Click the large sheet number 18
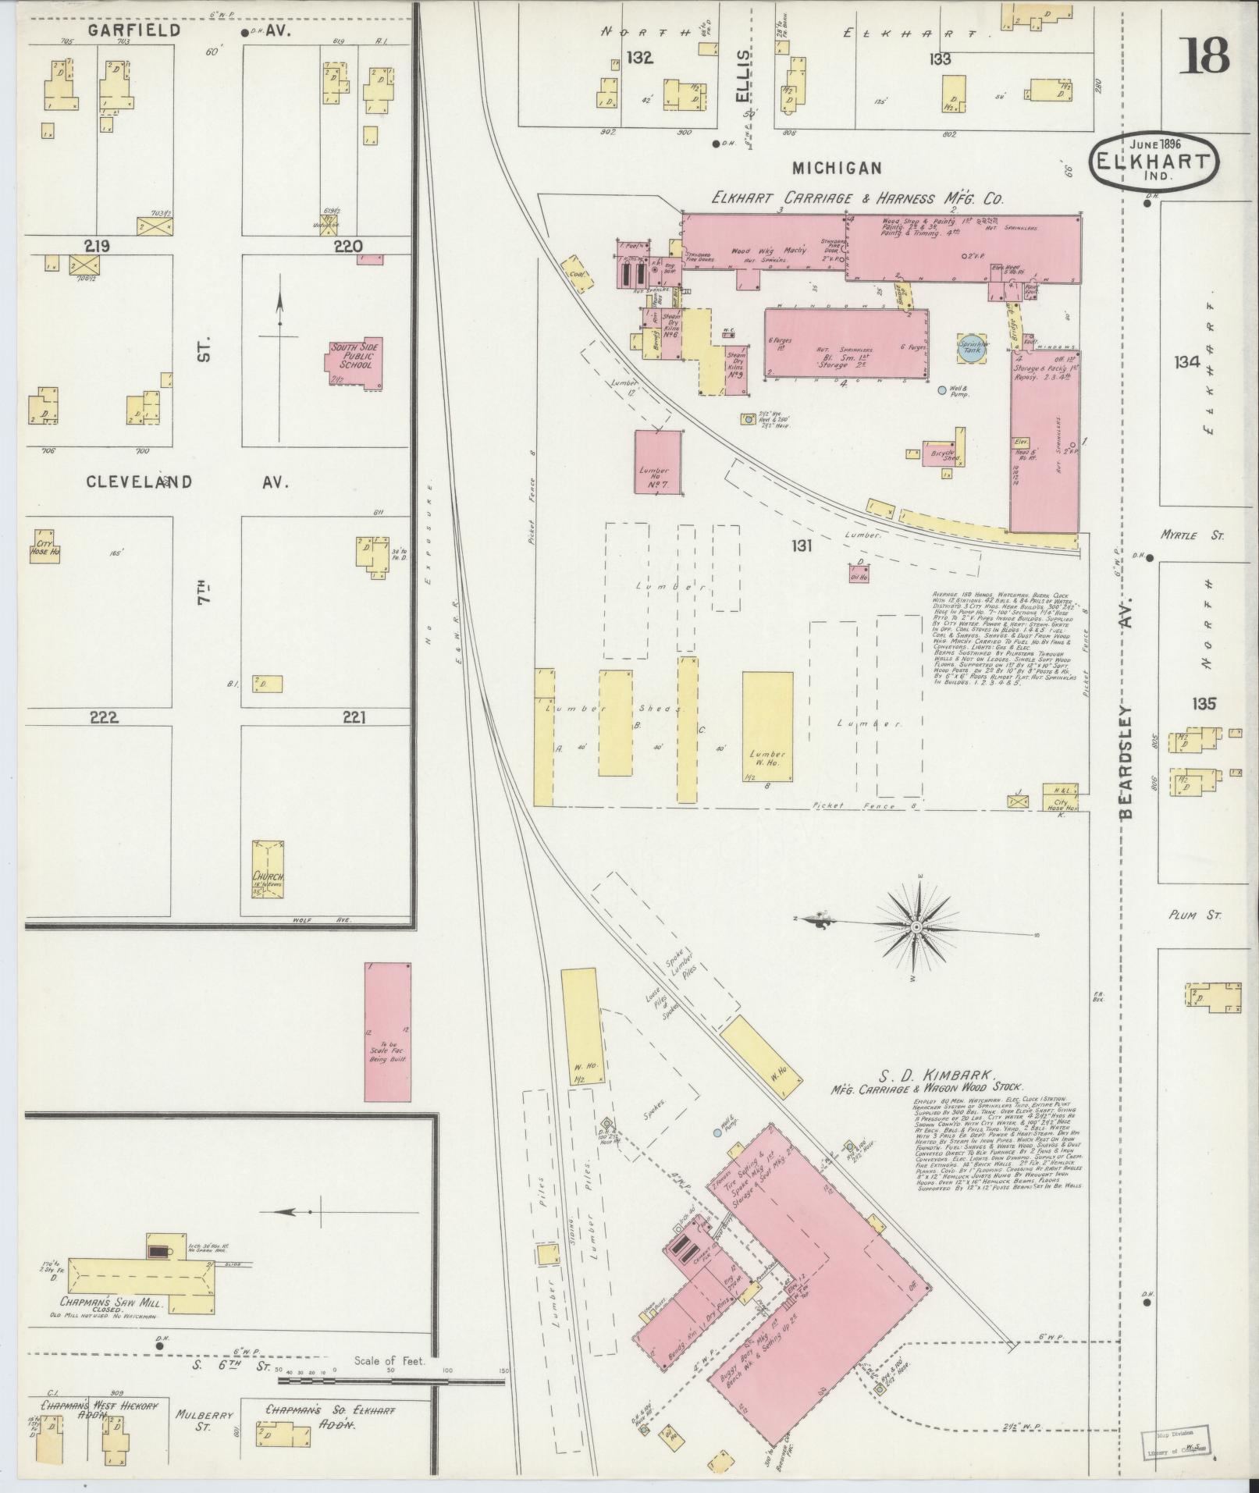click(x=1203, y=55)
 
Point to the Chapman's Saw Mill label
click(x=109, y=1302)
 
